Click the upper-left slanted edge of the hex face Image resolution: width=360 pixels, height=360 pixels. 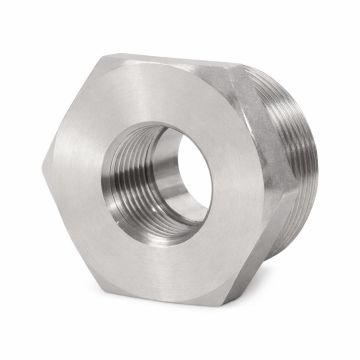tap(72, 110)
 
